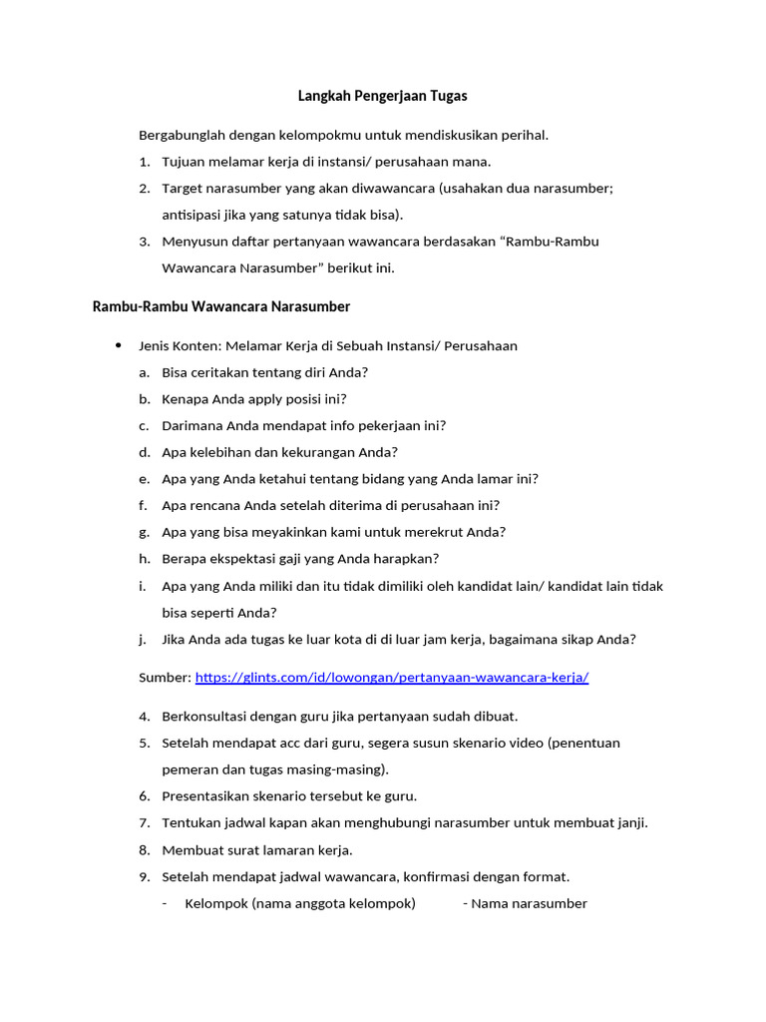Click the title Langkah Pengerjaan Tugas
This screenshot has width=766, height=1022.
(383, 97)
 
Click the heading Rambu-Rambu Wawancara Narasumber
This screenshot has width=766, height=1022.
(221, 305)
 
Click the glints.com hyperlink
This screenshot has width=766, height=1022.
(392, 677)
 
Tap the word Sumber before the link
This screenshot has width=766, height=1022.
(165, 677)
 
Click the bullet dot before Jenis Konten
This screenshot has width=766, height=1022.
(119, 345)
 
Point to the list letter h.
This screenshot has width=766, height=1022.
(144, 559)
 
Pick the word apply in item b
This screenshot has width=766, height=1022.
(267, 399)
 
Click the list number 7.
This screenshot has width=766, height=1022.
(144, 823)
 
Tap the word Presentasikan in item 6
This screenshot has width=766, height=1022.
(208, 796)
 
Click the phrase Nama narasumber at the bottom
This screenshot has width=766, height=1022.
(529, 904)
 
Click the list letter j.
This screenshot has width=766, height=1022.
(144, 640)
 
